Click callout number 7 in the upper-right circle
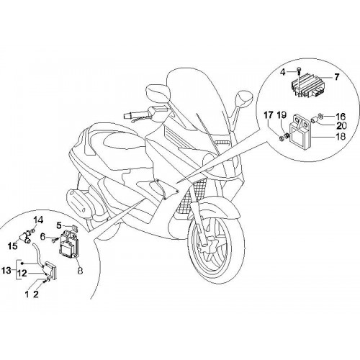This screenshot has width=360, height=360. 336,77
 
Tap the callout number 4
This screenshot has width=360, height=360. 283,71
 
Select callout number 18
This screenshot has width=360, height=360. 341,136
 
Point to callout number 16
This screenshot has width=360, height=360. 341,117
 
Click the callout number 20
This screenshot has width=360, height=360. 341,125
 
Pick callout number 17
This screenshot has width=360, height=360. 269,115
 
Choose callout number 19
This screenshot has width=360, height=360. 282,115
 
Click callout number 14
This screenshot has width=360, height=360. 38,220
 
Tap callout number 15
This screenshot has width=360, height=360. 12,246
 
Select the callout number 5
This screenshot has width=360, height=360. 59,225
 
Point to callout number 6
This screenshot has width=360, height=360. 42,237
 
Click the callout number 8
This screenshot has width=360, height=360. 80,271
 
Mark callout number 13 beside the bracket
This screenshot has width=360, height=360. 6,271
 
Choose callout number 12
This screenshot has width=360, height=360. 22,273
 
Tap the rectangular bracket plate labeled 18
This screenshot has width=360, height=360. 301,132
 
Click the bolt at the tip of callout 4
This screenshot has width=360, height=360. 299,69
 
